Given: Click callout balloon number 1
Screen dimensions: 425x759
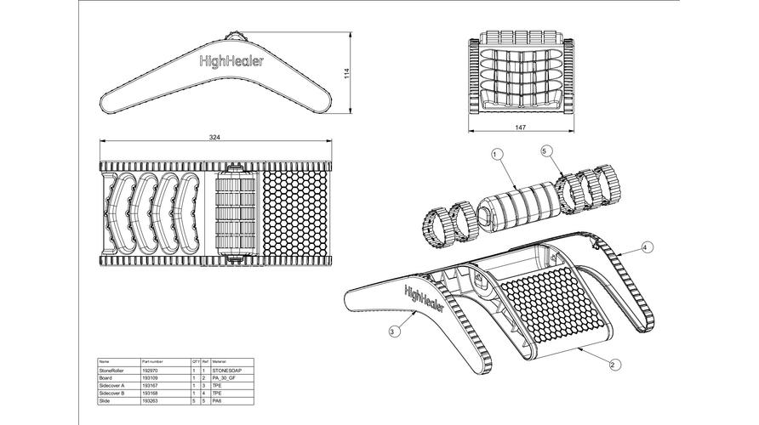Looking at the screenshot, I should point(497,154).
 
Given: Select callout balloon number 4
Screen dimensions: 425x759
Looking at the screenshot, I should point(646,247).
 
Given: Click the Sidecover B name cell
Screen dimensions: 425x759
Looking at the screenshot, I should point(114,392).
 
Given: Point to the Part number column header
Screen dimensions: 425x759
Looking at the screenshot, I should point(162,361).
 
